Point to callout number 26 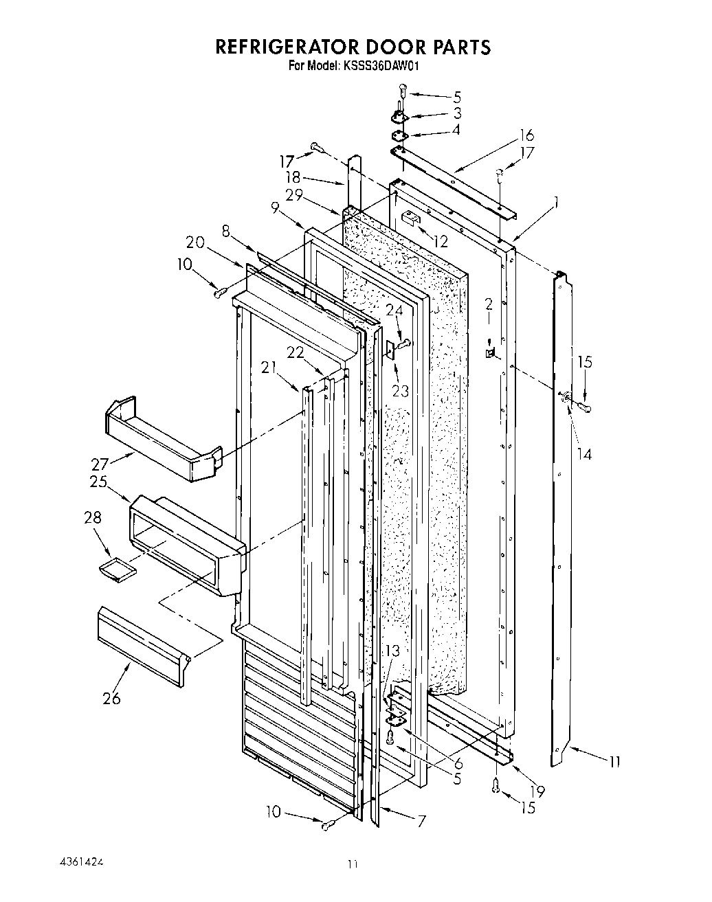pyautogui.click(x=111, y=698)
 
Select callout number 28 pyautogui.click(x=93, y=517)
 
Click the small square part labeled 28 pyautogui.click(x=116, y=570)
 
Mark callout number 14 pyautogui.click(x=584, y=453)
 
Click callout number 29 pyautogui.click(x=294, y=194)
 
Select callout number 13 pyautogui.click(x=392, y=650)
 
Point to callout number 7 pyautogui.click(x=421, y=820)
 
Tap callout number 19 pyautogui.click(x=537, y=791)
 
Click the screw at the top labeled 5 pyautogui.click(x=403, y=91)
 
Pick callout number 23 pyautogui.click(x=400, y=390)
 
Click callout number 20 pyautogui.click(x=195, y=242)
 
